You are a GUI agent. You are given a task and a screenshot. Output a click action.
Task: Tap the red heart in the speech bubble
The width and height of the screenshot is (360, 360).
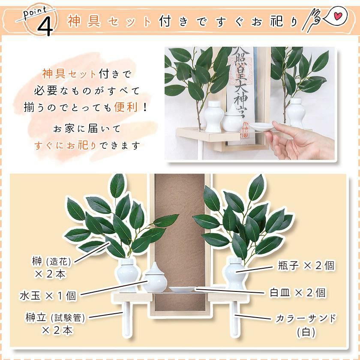coord(338,16)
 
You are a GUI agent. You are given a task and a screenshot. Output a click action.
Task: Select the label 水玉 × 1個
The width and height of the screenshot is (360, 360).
coord(48,296)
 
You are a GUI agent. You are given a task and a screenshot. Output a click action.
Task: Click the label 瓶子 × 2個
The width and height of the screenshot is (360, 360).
coord(306,265)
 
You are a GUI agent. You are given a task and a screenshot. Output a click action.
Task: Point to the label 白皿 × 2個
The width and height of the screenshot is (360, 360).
coord(298,293)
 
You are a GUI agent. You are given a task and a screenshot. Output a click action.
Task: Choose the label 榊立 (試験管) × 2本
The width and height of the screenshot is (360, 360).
coord(55,324)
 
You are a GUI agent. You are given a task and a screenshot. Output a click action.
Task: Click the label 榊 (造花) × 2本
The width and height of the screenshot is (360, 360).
coord(51,267)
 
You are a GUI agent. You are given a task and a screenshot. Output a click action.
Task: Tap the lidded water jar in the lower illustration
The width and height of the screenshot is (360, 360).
coord(155,278)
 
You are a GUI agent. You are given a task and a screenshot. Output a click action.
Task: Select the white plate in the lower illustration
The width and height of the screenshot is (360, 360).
coord(182,289)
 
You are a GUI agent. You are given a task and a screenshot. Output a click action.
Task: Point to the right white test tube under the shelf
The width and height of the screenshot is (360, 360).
coord(235,319)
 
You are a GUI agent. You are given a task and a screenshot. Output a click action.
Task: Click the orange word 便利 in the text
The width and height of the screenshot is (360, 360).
coord(126,107)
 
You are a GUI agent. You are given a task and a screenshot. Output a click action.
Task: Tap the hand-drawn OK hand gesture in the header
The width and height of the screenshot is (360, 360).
coord(311,21)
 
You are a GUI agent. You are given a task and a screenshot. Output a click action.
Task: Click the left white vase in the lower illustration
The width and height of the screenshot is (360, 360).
coord(127,275)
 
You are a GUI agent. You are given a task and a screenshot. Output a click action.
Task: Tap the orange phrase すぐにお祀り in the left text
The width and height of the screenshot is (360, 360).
coord(65,146)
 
